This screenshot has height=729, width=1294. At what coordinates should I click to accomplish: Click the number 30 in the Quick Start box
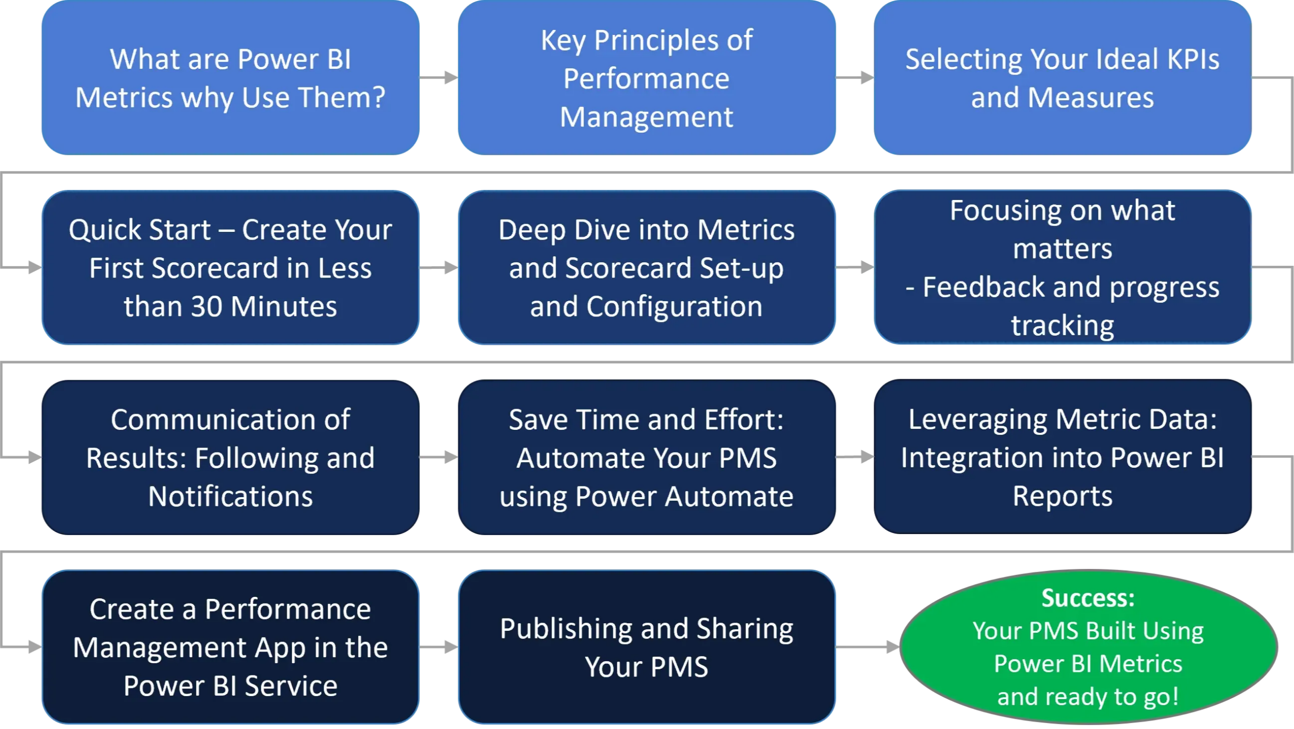[207, 307]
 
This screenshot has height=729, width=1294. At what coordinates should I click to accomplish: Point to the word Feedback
[983, 288]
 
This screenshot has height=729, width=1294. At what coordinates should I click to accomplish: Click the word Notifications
[230, 496]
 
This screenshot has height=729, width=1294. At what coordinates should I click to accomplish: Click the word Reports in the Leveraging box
[1063, 496]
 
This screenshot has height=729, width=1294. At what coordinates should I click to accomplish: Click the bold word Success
[1088, 598]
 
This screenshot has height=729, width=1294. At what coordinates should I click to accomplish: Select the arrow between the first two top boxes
[439, 77]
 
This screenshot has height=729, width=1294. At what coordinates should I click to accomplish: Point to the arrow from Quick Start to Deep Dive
[439, 267]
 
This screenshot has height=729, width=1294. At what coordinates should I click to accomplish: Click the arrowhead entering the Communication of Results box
[34, 457]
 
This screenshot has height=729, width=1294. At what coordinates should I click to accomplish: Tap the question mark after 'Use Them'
[378, 98]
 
